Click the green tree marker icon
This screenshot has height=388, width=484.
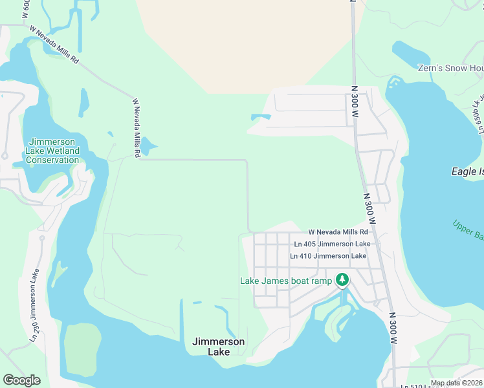(x=342, y=280)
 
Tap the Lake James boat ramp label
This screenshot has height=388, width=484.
(x=285, y=281)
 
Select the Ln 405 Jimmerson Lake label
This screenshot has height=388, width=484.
(x=332, y=244)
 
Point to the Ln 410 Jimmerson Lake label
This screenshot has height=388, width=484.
(x=329, y=256)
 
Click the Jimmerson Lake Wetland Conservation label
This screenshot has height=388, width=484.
(x=52, y=151)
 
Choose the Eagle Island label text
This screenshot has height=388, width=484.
(x=467, y=171)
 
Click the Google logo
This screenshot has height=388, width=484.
(x=21, y=380)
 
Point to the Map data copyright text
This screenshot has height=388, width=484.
(x=457, y=383)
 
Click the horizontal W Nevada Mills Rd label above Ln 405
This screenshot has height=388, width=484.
(x=338, y=232)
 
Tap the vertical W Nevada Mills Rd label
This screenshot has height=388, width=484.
(x=136, y=128)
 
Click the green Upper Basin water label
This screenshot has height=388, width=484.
(x=468, y=230)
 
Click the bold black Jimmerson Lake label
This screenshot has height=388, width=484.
(x=219, y=346)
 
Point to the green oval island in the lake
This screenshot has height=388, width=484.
(x=83, y=349)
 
